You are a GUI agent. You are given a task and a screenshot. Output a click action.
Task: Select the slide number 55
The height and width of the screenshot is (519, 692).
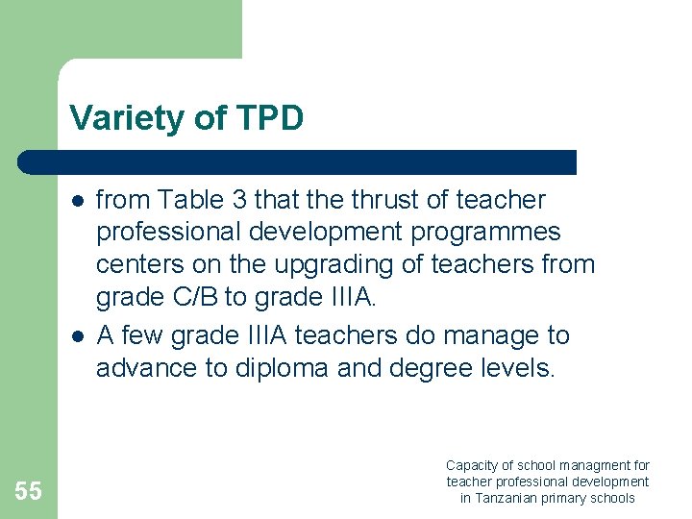click(29, 491)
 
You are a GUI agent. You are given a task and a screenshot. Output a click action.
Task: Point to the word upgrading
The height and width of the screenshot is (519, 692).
click(316, 264)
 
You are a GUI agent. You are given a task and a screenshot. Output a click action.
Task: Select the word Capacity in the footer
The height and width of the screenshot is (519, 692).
click(473, 465)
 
